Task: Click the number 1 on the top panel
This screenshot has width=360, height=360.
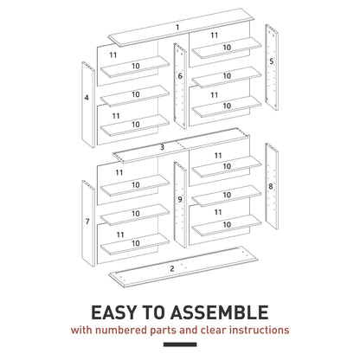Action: point(177,27)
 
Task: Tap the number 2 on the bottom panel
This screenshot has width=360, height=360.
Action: point(172,269)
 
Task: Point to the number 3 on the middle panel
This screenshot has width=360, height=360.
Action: point(162,147)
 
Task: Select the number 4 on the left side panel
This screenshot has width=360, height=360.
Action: point(87,99)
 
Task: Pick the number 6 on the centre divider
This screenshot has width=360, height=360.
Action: point(180,76)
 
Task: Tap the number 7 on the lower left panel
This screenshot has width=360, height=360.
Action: point(87,222)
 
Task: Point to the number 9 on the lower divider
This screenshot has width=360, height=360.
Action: point(179,200)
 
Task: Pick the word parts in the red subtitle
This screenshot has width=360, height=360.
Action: point(176,330)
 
